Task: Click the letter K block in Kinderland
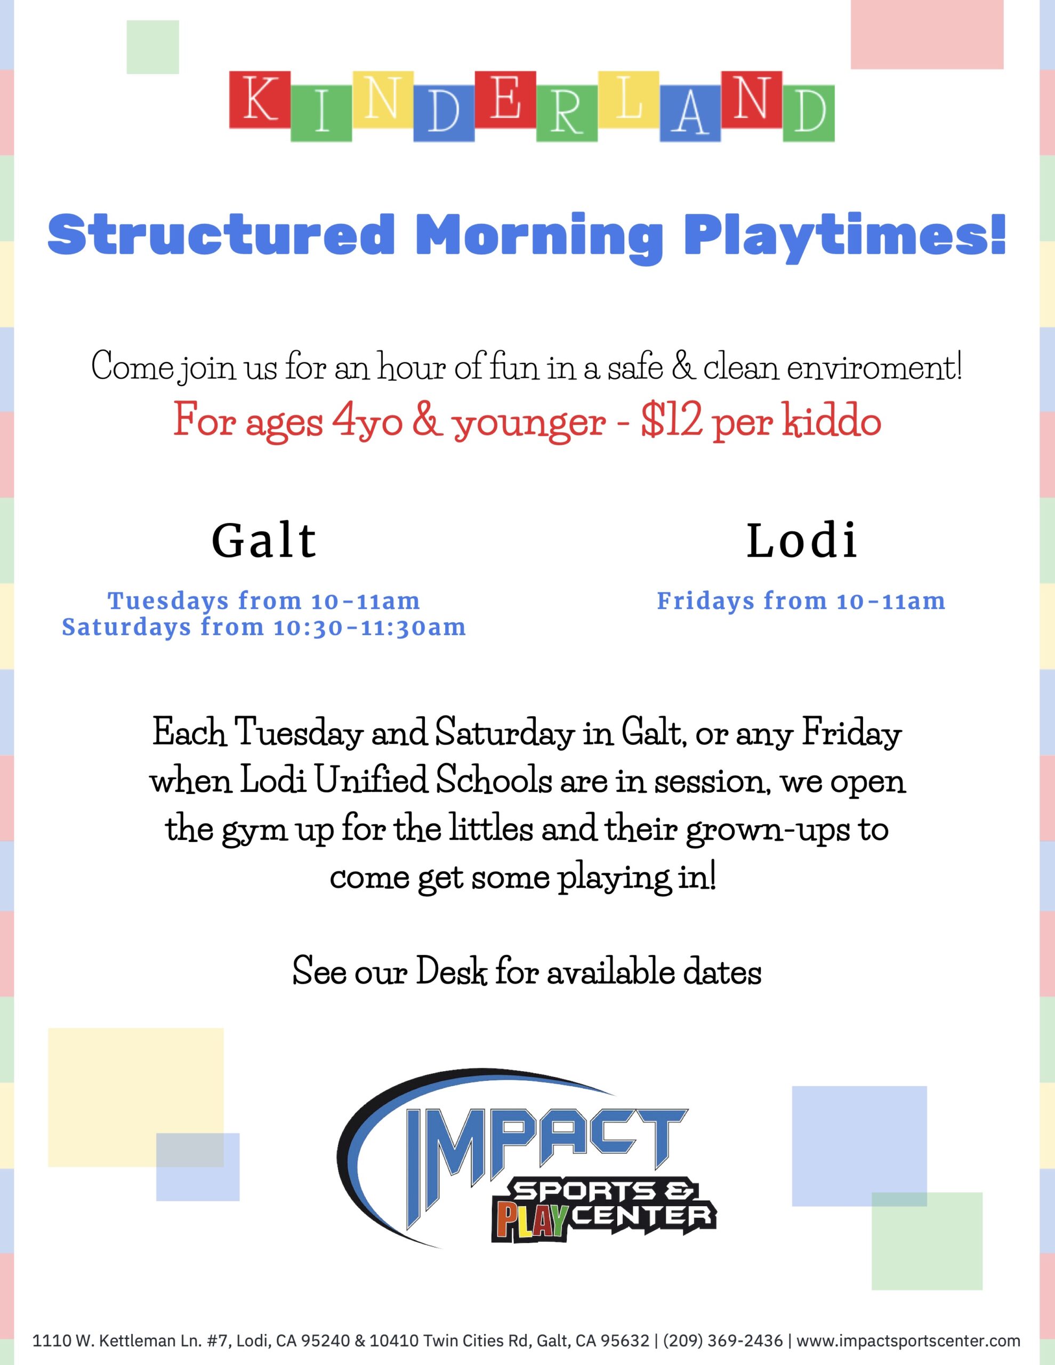pyautogui.click(x=260, y=99)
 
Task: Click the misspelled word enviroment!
pyautogui.click(x=874, y=367)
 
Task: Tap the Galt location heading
pyautogui.click(x=264, y=541)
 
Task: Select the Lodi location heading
pyautogui.click(x=802, y=541)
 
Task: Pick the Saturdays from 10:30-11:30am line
pyautogui.click(x=264, y=628)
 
